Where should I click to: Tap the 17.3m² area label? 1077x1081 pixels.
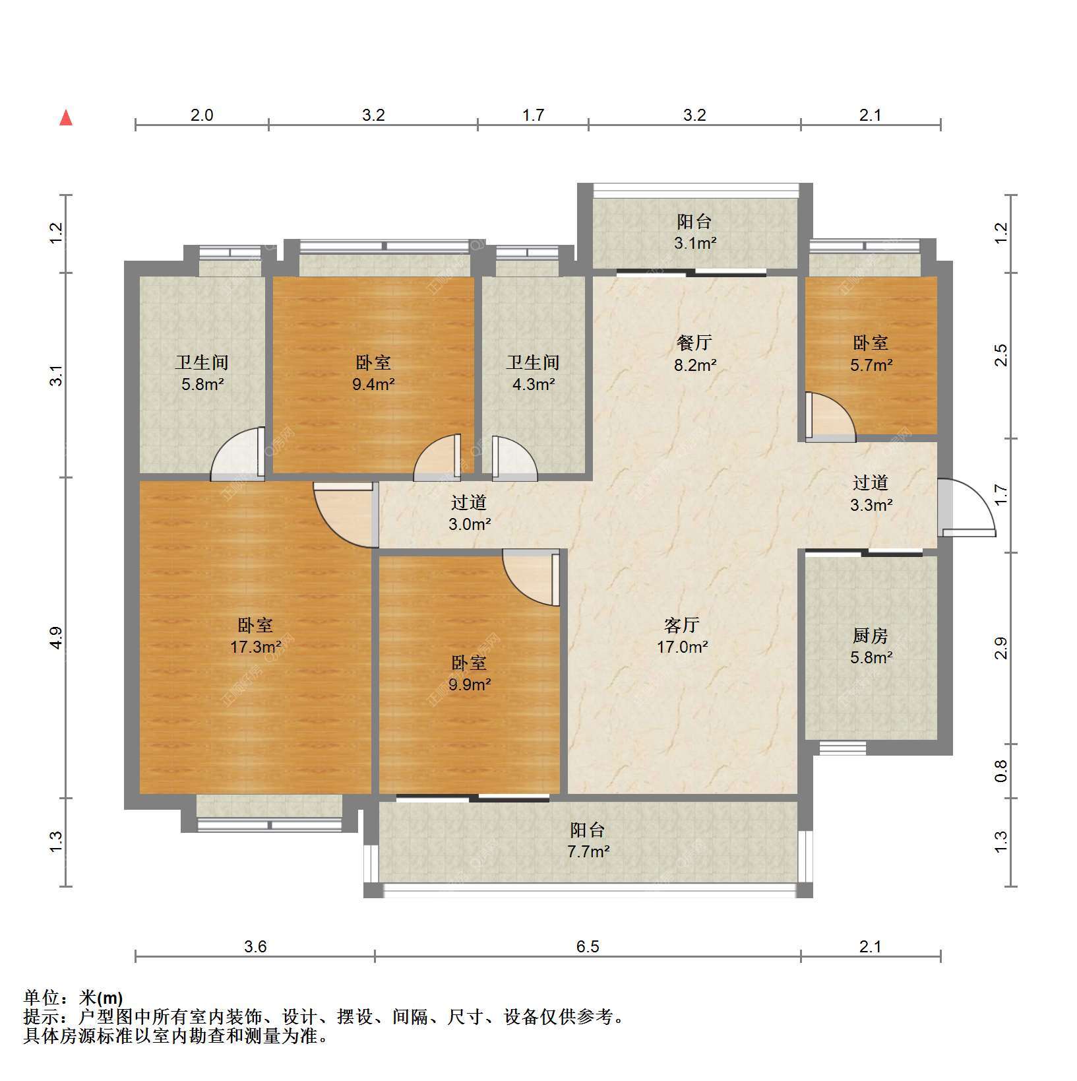click(256, 647)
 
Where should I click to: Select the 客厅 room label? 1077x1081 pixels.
click(682, 624)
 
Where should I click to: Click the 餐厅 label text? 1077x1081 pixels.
click(694, 343)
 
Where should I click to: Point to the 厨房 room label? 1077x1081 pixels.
click(871, 636)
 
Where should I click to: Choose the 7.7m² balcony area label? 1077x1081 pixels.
click(588, 851)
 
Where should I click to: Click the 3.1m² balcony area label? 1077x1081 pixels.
click(695, 243)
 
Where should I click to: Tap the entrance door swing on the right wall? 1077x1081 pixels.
click(966, 506)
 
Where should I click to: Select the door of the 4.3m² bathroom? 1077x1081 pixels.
click(514, 455)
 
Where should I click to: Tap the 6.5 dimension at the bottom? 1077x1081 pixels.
click(588, 947)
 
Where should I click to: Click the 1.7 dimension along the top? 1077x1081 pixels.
click(533, 115)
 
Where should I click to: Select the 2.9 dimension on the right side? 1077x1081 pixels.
click(1001, 648)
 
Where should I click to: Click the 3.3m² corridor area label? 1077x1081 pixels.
click(871, 505)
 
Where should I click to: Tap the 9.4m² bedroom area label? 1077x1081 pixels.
click(373, 384)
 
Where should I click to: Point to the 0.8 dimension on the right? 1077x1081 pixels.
click(1001, 771)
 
